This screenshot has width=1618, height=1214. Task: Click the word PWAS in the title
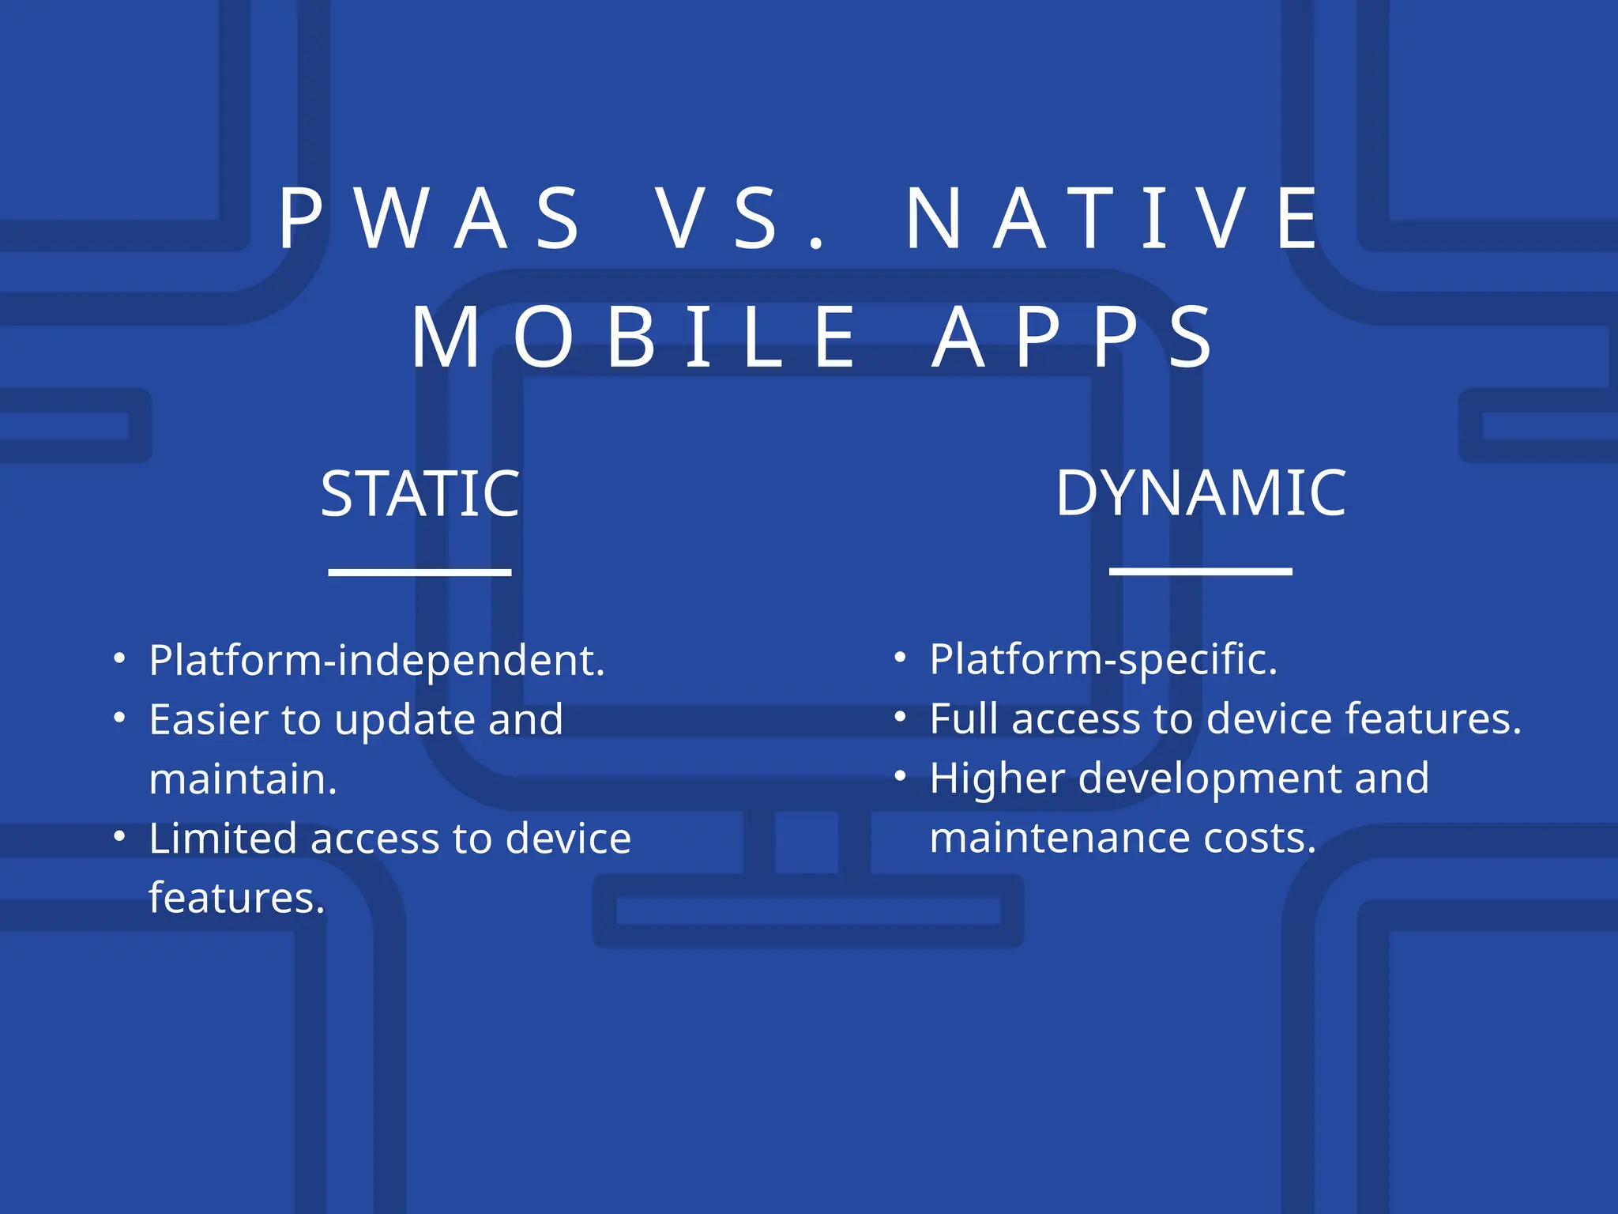(431, 219)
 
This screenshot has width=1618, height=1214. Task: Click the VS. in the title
(743, 219)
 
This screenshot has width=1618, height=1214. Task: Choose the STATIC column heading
(420, 494)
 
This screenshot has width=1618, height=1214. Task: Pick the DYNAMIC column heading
(1201, 493)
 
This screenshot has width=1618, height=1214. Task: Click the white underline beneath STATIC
(420, 571)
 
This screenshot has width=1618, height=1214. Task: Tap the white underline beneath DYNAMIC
(1201, 571)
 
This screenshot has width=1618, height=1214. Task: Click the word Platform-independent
(377, 661)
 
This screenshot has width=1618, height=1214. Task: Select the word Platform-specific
(1103, 660)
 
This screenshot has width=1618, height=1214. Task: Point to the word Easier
(209, 720)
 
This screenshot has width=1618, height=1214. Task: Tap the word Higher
(997, 779)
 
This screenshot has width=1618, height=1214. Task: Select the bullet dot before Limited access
(119, 836)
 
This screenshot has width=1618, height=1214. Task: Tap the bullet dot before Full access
(900, 717)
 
